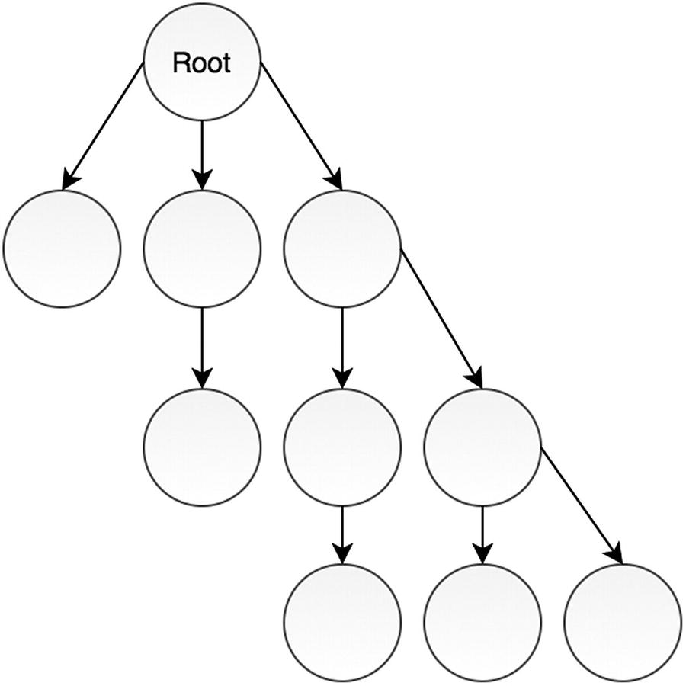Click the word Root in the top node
pyautogui.click(x=201, y=63)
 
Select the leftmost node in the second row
pyautogui.click(x=62, y=248)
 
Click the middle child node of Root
pyautogui.click(x=202, y=248)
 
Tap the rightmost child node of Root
pyautogui.click(x=342, y=248)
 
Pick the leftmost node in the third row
pyautogui.click(x=202, y=447)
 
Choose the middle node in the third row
pyautogui.click(x=342, y=447)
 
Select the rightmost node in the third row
pyautogui.click(x=482, y=447)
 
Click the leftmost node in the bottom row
pyautogui.click(x=342, y=622)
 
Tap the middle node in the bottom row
pyautogui.click(x=482, y=622)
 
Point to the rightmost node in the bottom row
pyautogui.click(x=623, y=622)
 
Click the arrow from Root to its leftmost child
pyautogui.click(x=104, y=126)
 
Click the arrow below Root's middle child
pyautogui.click(x=202, y=348)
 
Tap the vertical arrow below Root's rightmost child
pyautogui.click(x=342, y=348)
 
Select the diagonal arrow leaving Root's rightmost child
pyautogui.click(x=441, y=316)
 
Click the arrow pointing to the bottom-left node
pyautogui.click(x=342, y=534)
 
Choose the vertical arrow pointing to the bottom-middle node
pyautogui.click(x=482, y=534)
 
